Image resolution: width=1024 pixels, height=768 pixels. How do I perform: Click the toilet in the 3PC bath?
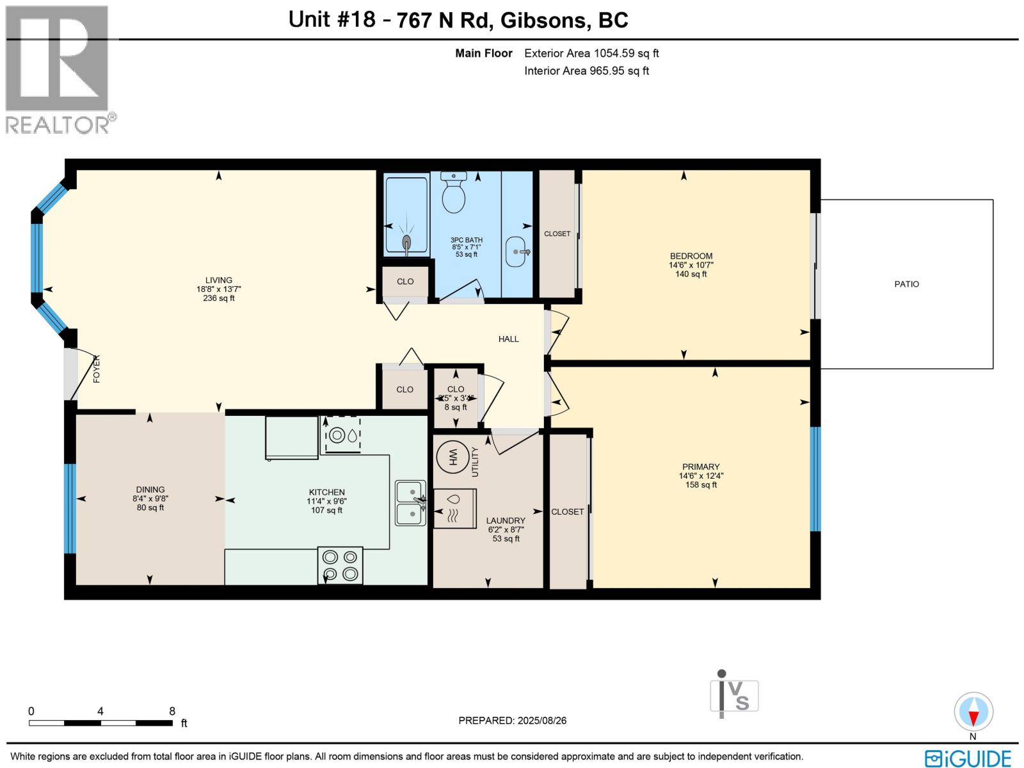[x=454, y=193]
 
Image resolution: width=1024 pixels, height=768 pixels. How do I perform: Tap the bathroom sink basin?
[x=515, y=252]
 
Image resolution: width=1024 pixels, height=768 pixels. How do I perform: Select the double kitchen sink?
[x=410, y=503]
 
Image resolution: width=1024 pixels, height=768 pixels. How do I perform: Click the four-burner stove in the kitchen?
[x=340, y=566]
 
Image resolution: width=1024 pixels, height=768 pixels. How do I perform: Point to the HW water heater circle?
[x=452, y=458]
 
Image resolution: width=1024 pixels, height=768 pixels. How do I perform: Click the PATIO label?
[x=906, y=284]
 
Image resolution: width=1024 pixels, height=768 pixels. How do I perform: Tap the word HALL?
[x=509, y=339]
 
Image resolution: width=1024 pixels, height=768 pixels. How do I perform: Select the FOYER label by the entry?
[x=97, y=369]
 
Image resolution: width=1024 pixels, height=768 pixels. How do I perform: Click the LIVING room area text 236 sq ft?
[x=219, y=298]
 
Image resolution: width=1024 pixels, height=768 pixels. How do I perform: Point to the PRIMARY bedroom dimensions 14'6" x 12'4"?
[x=701, y=476]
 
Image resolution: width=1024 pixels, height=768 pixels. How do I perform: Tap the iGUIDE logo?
[x=968, y=758]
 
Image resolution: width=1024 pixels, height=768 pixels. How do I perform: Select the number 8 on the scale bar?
[x=172, y=711]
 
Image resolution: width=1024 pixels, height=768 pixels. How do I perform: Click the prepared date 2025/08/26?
[x=541, y=721]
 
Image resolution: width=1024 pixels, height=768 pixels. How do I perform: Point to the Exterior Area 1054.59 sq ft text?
[x=591, y=53]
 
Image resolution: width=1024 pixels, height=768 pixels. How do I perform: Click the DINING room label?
[x=150, y=490]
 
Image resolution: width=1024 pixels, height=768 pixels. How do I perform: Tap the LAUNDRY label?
[x=506, y=520]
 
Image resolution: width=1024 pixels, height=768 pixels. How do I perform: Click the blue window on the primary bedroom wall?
[x=815, y=479]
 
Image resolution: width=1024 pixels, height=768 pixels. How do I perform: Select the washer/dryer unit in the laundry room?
[x=455, y=508]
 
